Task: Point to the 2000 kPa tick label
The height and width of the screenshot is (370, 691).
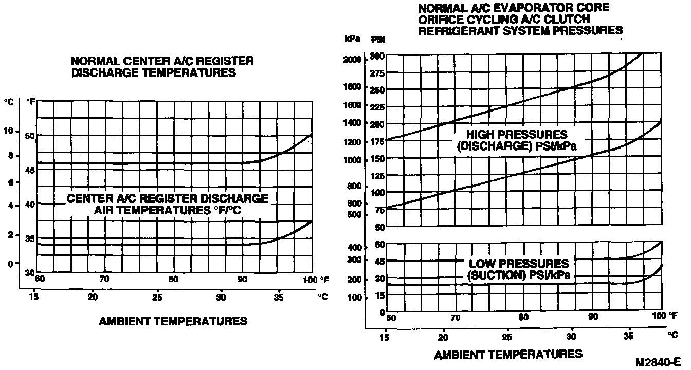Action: pyautogui.click(x=354, y=60)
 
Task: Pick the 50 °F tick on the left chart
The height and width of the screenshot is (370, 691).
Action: pyautogui.click(x=30, y=136)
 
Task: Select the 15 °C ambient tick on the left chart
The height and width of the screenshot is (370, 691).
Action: pyautogui.click(x=34, y=297)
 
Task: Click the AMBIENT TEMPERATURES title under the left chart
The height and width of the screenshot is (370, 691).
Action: pyautogui.click(x=173, y=322)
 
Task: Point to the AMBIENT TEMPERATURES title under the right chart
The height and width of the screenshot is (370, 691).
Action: pyautogui.click(x=508, y=354)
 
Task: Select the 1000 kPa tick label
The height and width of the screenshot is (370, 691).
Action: pyautogui.click(x=354, y=160)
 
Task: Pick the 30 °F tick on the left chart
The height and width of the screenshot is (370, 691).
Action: pyautogui.click(x=30, y=272)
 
